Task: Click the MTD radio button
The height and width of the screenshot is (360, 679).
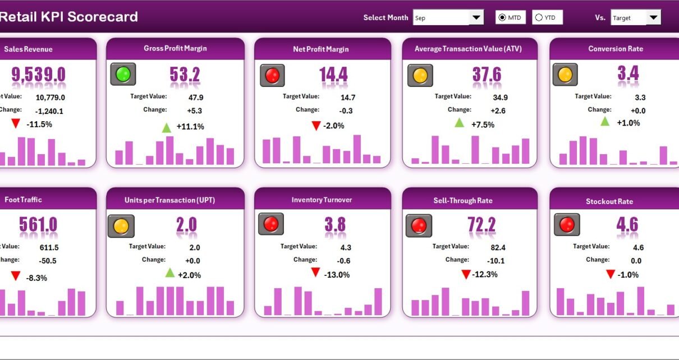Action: point(502,18)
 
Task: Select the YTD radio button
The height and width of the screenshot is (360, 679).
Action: point(539,18)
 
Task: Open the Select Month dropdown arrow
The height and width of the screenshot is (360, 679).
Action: point(476,17)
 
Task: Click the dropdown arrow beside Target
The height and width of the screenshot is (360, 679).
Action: point(653,17)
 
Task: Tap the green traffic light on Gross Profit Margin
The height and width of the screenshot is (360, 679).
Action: point(123,74)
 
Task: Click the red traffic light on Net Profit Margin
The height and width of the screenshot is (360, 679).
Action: point(272,75)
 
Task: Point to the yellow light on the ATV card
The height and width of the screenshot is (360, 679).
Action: point(420,75)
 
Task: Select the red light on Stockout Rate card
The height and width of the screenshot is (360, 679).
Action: point(567,225)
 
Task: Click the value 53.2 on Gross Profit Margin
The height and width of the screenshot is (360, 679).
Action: point(185,75)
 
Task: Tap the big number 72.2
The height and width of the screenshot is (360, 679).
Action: point(481,225)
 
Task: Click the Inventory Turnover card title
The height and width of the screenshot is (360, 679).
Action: point(322,200)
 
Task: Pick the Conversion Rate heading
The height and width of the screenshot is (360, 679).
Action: point(616,49)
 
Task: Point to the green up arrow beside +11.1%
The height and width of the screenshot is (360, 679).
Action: point(167,127)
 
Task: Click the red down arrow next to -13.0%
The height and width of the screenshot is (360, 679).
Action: point(316,273)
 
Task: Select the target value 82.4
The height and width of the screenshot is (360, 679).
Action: point(498,247)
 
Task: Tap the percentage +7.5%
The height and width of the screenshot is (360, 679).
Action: point(483,124)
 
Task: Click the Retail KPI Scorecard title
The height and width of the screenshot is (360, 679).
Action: point(68,17)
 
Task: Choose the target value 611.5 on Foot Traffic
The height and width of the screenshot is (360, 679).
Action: point(49,247)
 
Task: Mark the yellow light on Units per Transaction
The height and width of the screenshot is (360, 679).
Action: point(121,226)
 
